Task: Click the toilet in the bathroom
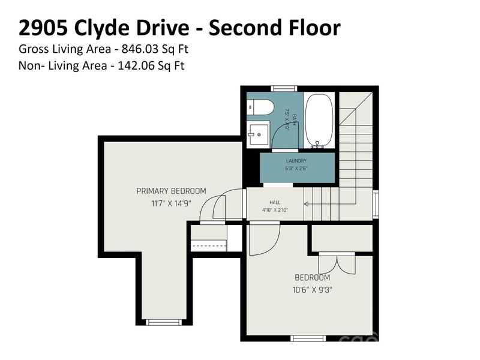tap(260, 107)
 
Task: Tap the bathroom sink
tap(259, 132)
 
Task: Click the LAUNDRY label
tap(296, 161)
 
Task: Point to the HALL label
tap(275, 203)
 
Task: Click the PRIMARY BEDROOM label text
tap(171, 191)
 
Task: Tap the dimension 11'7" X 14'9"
tap(171, 203)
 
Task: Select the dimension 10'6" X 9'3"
tap(312, 290)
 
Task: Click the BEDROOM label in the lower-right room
tap(312, 278)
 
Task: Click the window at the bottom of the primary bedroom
tap(163, 322)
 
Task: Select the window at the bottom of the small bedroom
tap(309, 338)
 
